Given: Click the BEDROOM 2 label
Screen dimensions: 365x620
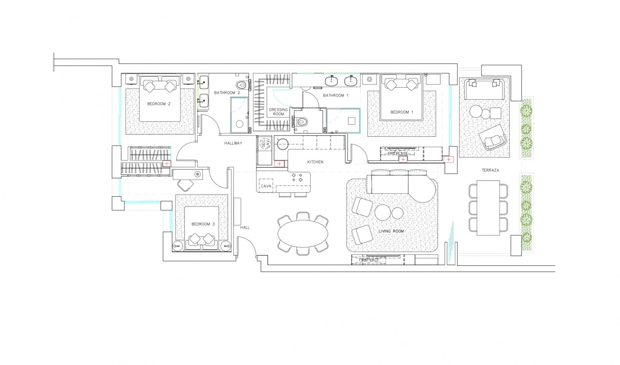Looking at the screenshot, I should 159,104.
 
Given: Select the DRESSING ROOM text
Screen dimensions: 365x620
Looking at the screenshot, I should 278,112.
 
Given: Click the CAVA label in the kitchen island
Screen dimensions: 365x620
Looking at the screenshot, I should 266,186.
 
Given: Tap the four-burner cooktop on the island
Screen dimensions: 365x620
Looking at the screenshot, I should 297,177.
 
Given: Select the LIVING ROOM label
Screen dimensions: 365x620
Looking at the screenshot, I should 391,231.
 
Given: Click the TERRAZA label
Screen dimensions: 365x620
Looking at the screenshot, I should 490,170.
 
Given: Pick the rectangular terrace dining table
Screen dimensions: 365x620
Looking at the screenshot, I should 488,208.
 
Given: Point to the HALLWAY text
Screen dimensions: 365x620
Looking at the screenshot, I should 233,143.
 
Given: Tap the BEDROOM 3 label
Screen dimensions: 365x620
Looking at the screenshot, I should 203,224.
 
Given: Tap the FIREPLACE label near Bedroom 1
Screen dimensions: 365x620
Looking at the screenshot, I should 398,154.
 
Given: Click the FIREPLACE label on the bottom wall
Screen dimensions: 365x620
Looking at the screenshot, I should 369,260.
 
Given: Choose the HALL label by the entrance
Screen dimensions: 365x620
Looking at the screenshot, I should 245,228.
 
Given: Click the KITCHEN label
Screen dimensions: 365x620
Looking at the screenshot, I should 315,162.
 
